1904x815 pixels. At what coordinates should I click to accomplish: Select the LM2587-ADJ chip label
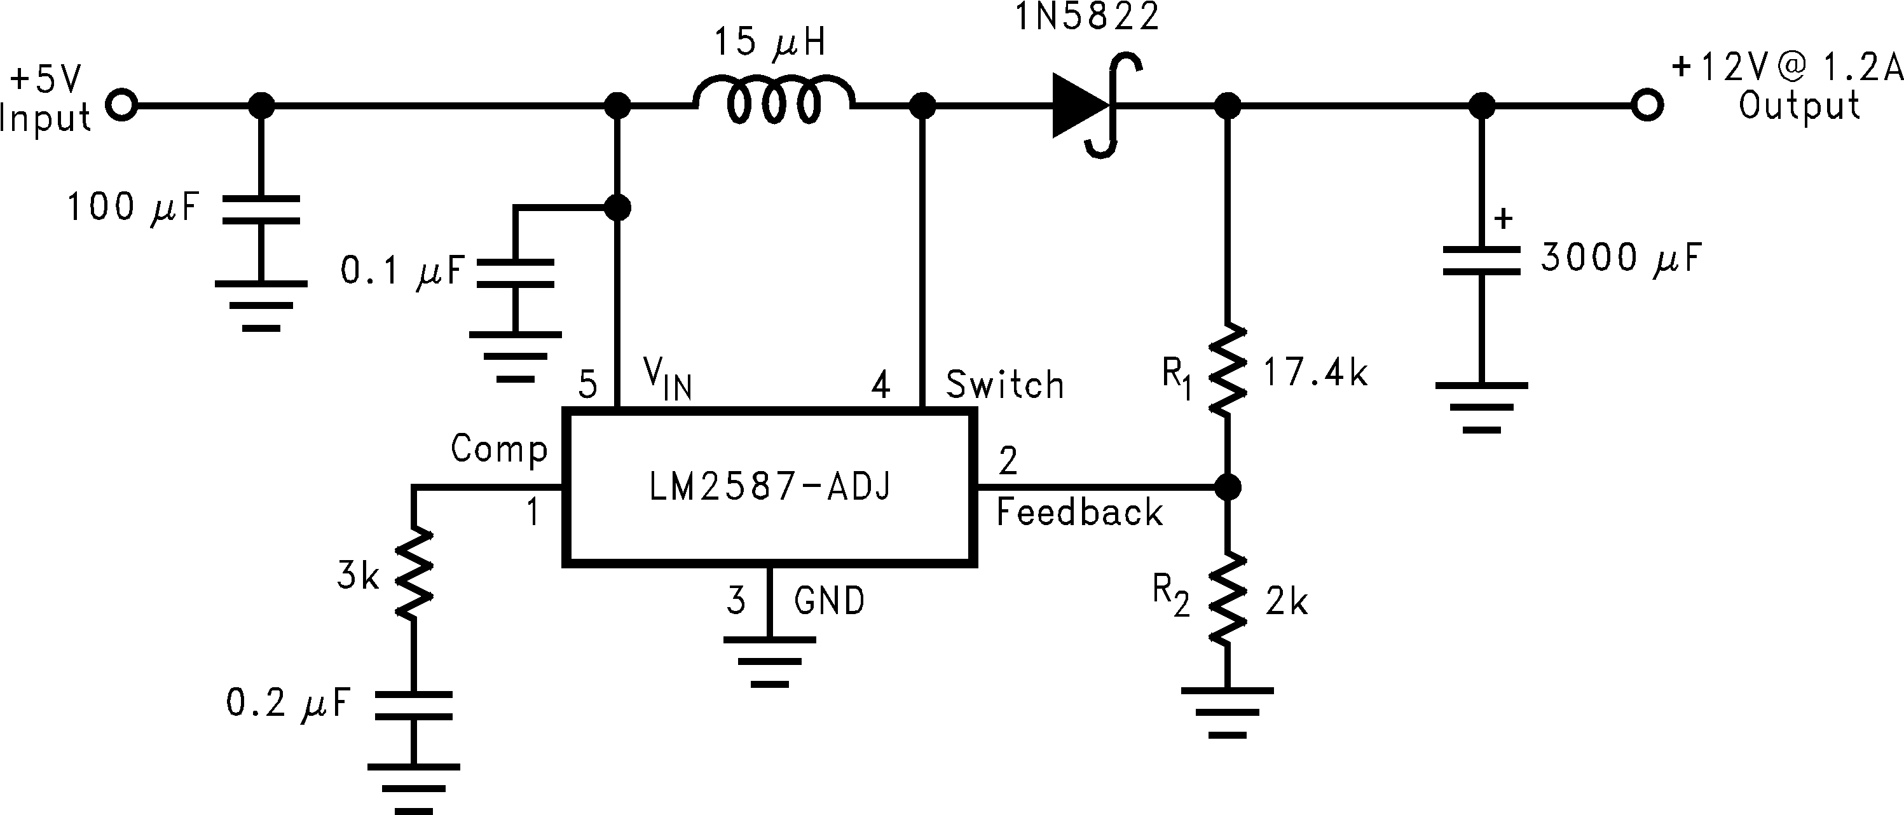click(769, 487)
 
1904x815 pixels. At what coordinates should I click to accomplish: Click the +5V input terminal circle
click(122, 106)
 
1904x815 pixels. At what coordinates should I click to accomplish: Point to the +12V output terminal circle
click(1647, 106)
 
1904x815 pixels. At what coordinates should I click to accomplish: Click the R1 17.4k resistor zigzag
click(1228, 369)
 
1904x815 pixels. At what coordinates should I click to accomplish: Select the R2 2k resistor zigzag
click(1228, 600)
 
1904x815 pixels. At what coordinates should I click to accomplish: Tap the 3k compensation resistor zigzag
click(413, 573)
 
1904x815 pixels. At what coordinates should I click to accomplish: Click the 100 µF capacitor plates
click(261, 210)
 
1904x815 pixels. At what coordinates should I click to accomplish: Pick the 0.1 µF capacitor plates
click(515, 273)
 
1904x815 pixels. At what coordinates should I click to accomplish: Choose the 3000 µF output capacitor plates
click(1481, 261)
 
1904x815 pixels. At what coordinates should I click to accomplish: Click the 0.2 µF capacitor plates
click(413, 705)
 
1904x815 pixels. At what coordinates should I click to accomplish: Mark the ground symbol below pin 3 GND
click(769, 661)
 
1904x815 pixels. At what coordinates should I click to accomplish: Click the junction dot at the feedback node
click(1228, 487)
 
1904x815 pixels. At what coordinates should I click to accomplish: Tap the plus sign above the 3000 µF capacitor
click(1503, 219)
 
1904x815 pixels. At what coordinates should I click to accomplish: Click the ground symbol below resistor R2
click(1228, 713)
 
